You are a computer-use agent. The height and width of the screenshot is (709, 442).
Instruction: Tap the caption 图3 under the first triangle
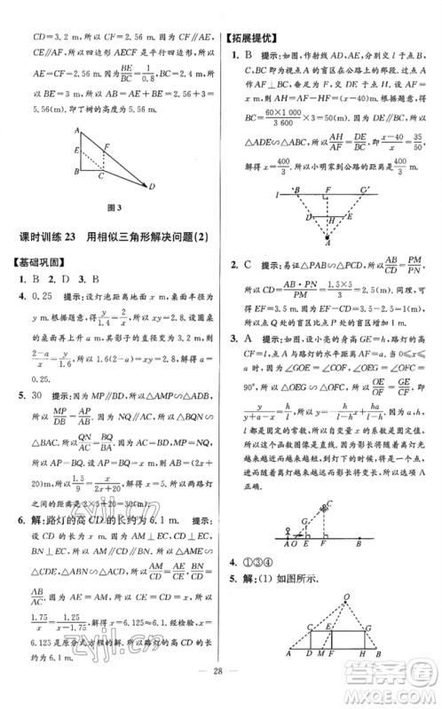pos(112,208)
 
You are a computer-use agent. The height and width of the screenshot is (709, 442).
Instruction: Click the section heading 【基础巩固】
pos(39,262)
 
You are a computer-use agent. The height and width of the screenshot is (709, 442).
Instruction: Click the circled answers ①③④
pos(258,563)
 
